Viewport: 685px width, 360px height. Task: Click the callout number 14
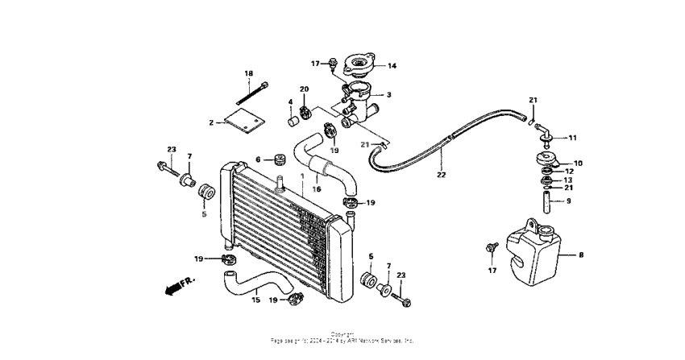coord(392,66)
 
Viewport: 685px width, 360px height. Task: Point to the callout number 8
coord(580,254)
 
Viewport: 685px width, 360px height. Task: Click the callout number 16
coord(317,189)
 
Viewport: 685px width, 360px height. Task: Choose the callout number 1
coord(303,175)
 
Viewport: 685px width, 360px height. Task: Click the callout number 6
coord(259,159)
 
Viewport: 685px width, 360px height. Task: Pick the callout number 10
coord(578,163)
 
